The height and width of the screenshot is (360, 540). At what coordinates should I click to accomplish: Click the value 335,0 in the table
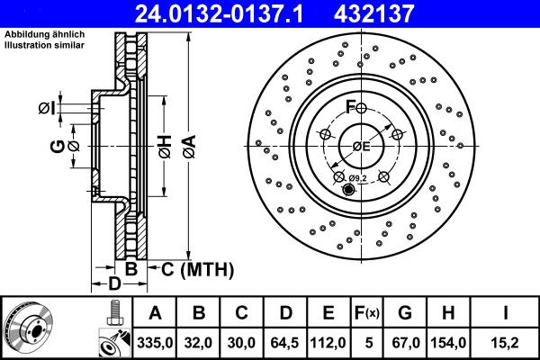[155, 342]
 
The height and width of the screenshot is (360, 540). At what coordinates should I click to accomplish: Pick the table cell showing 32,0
[199, 342]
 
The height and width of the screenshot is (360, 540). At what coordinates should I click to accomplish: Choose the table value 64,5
[285, 342]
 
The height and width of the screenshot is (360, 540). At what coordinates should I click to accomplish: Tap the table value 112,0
[328, 342]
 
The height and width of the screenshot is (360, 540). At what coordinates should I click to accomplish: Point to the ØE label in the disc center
[361, 146]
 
